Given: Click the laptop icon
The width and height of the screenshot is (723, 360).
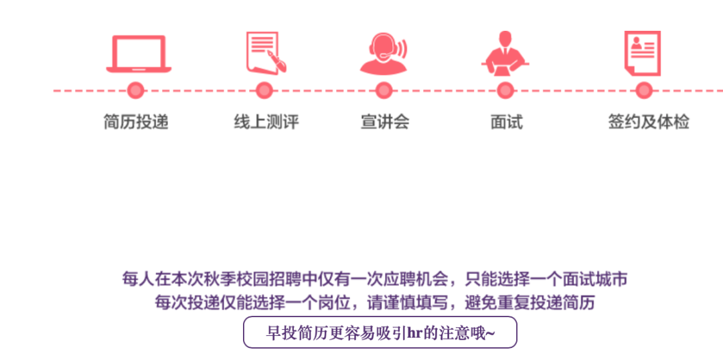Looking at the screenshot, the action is [x=139, y=54].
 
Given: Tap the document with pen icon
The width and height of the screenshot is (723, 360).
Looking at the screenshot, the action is [x=266, y=52].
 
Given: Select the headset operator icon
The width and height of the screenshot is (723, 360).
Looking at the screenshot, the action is [x=384, y=54].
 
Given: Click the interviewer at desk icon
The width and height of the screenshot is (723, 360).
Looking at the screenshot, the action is [x=505, y=54].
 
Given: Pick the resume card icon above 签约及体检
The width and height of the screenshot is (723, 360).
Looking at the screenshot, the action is [x=643, y=52].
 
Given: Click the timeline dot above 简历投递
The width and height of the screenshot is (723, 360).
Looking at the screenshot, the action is [x=136, y=90].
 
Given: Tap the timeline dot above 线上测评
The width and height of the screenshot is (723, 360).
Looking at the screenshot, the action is [x=264, y=90].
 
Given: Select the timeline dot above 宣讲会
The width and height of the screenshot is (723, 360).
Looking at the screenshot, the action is [x=384, y=90].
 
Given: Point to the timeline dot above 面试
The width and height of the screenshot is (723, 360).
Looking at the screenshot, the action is [x=505, y=90].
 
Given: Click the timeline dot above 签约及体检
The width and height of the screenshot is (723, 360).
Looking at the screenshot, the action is [x=644, y=90].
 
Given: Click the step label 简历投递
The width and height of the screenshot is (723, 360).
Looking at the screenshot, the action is [x=136, y=122].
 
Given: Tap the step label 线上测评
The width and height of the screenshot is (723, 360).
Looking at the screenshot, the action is [x=266, y=122].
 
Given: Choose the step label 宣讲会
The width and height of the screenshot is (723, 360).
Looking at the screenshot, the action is [x=384, y=122].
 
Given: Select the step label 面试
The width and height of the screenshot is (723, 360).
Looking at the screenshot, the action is [x=506, y=122].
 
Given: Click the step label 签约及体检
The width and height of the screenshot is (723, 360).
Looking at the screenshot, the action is [x=648, y=122].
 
